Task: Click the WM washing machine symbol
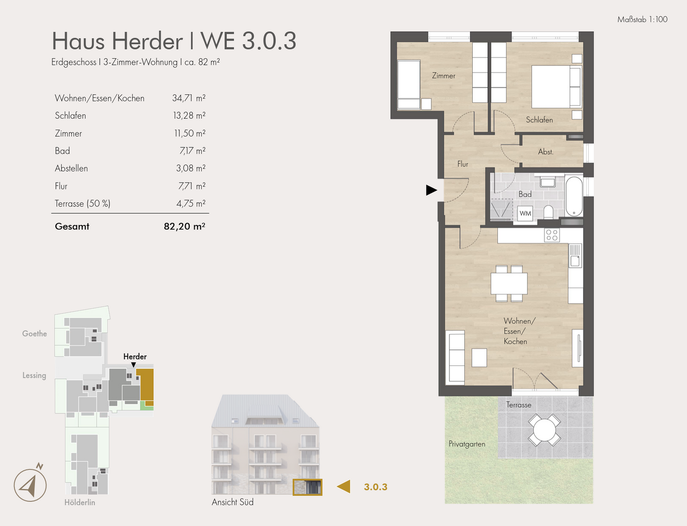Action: [x=525, y=213]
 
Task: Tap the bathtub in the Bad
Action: [x=574, y=196]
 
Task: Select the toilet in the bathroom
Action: [x=548, y=212]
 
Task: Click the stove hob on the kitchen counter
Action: [x=552, y=235]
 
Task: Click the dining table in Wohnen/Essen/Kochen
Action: [x=509, y=283]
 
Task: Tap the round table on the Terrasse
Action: [x=544, y=430]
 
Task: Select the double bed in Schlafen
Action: [x=556, y=87]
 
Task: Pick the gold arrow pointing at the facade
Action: [x=343, y=486]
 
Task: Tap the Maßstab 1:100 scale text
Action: [x=642, y=20]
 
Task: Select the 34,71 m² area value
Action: [x=189, y=98]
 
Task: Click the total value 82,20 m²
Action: [x=184, y=226]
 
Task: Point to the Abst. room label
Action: [x=546, y=152]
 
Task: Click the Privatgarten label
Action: [x=467, y=444]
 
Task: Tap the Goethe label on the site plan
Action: [x=34, y=334]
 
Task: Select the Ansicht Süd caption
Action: [x=233, y=502]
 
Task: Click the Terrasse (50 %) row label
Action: [x=83, y=204]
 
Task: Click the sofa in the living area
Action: [x=455, y=357]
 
